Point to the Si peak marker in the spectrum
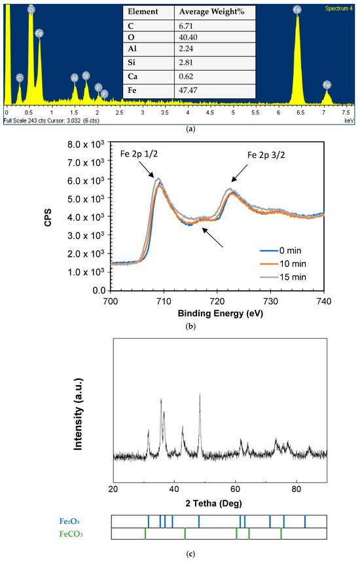pyautogui.click(x=86, y=76)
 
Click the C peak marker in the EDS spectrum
pyautogui.click(x=20, y=78)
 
